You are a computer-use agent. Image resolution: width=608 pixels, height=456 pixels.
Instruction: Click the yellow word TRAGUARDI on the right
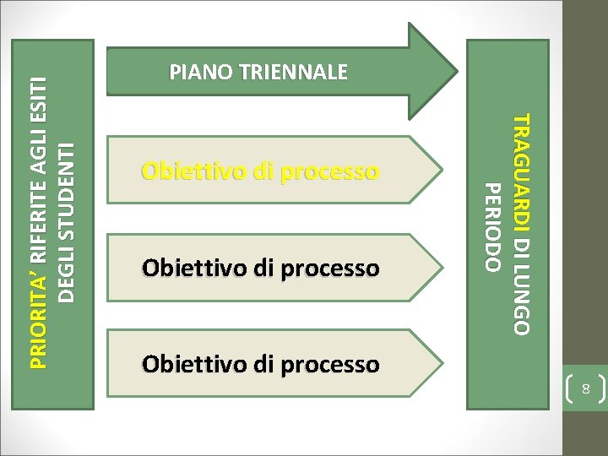523,168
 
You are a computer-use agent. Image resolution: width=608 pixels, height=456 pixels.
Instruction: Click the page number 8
582,389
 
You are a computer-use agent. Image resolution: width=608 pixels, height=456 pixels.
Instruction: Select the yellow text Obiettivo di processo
260,172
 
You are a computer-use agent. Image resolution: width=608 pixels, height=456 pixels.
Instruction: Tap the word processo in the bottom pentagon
337,364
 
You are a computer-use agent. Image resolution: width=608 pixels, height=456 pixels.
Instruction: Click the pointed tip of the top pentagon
442,171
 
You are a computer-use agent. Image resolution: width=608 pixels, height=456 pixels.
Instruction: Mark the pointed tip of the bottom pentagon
442,364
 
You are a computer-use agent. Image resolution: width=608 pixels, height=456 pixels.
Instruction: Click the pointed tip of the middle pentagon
442,268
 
